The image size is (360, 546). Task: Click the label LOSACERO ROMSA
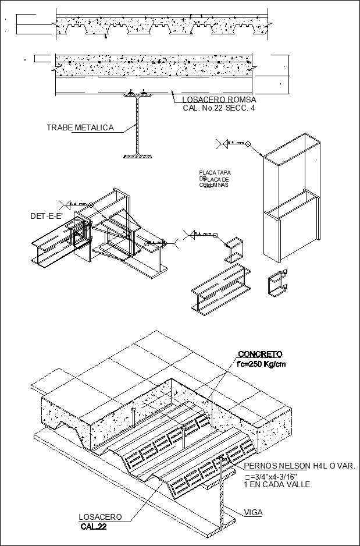click(x=215, y=100)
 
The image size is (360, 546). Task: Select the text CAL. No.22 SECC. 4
click(x=215, y=108)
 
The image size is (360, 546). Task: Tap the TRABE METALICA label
click(x=80, y=127)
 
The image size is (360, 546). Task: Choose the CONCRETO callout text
click(x=259, y=354)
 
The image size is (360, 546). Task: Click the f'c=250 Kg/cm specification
click(x=261, y=364)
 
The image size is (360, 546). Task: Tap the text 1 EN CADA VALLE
click(x=277, y=484)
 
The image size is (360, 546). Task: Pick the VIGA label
click(x=253, y=512)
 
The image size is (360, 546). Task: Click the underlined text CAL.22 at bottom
click(x=94, y=527)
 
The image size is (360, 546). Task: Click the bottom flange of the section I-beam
click(x=138, y=156)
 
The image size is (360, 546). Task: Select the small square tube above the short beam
click(x=234, y=249)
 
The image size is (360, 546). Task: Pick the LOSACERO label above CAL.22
click(x=100, y=517)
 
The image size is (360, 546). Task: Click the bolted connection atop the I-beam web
click(x=138, y=93)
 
